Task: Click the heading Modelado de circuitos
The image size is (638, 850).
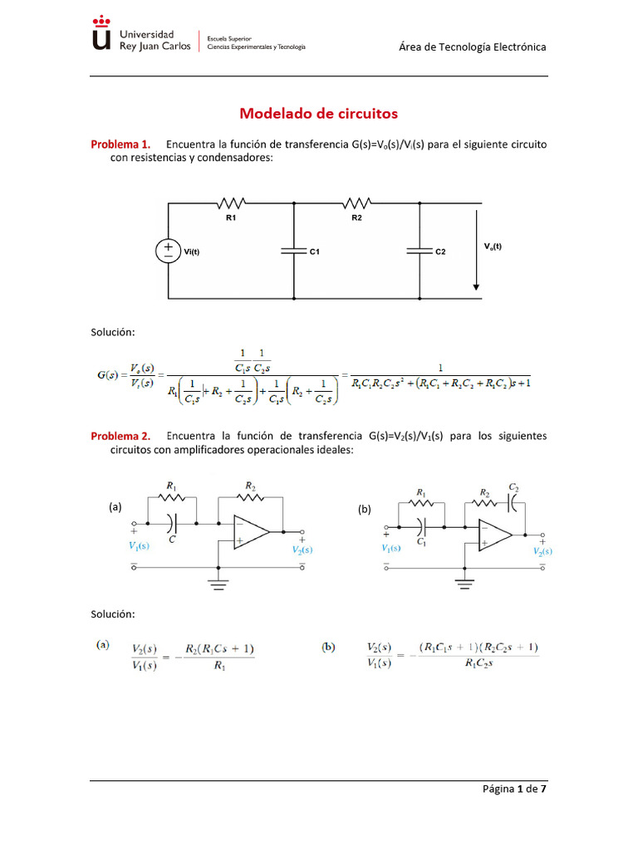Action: (x=319, y=113)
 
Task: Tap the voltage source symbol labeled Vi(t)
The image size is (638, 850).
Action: (x=168, y=251)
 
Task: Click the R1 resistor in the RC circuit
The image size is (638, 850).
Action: (x=231, y=203)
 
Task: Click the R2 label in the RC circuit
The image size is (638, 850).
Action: (x=356, y=218)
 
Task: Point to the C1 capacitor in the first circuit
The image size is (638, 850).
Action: (x=295, y=251)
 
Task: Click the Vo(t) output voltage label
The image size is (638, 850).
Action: (x=493, y=246)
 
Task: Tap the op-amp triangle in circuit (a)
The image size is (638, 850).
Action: (x=248, y=531)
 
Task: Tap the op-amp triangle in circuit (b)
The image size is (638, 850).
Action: (x=494, y=535)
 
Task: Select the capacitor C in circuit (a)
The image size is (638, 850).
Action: (x=172, y=524)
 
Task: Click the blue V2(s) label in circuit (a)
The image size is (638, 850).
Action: (x=302, y=550)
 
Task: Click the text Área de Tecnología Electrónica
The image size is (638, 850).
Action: (x=473, y=47)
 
